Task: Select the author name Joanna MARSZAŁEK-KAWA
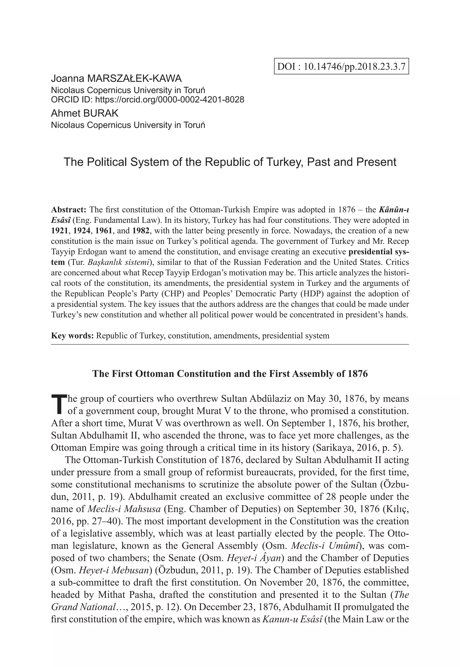116,78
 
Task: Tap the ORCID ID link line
147,100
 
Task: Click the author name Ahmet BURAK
84,113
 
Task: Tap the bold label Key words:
72,335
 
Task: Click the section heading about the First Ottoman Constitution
230,374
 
